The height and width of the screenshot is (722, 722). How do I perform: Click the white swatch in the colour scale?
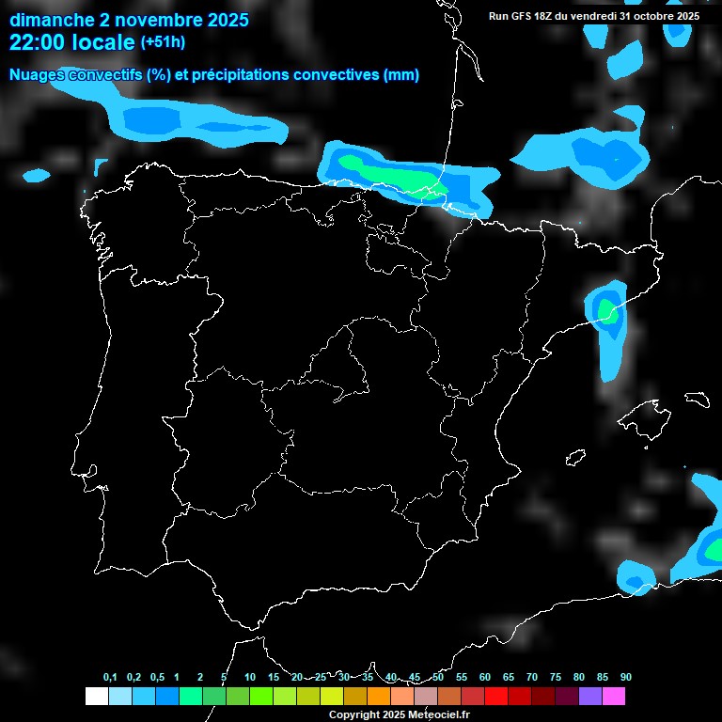(x=96, y=696)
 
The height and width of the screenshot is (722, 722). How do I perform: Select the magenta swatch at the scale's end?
(x=614, y=696)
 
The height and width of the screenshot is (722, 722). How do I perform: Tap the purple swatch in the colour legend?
(x=590, y=696)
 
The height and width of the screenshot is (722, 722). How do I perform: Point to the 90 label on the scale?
(x=625, y=677)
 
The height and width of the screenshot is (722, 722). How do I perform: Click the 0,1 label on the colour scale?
(x=110, y=677)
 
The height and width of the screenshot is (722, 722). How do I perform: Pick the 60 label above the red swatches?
(x=485, y=677)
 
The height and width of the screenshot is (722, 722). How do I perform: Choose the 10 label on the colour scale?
(x=249, y=677)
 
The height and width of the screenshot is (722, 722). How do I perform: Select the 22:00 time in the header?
(x=39, y=42)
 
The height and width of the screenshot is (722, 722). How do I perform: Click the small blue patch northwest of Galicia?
(x=36, y=175)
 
